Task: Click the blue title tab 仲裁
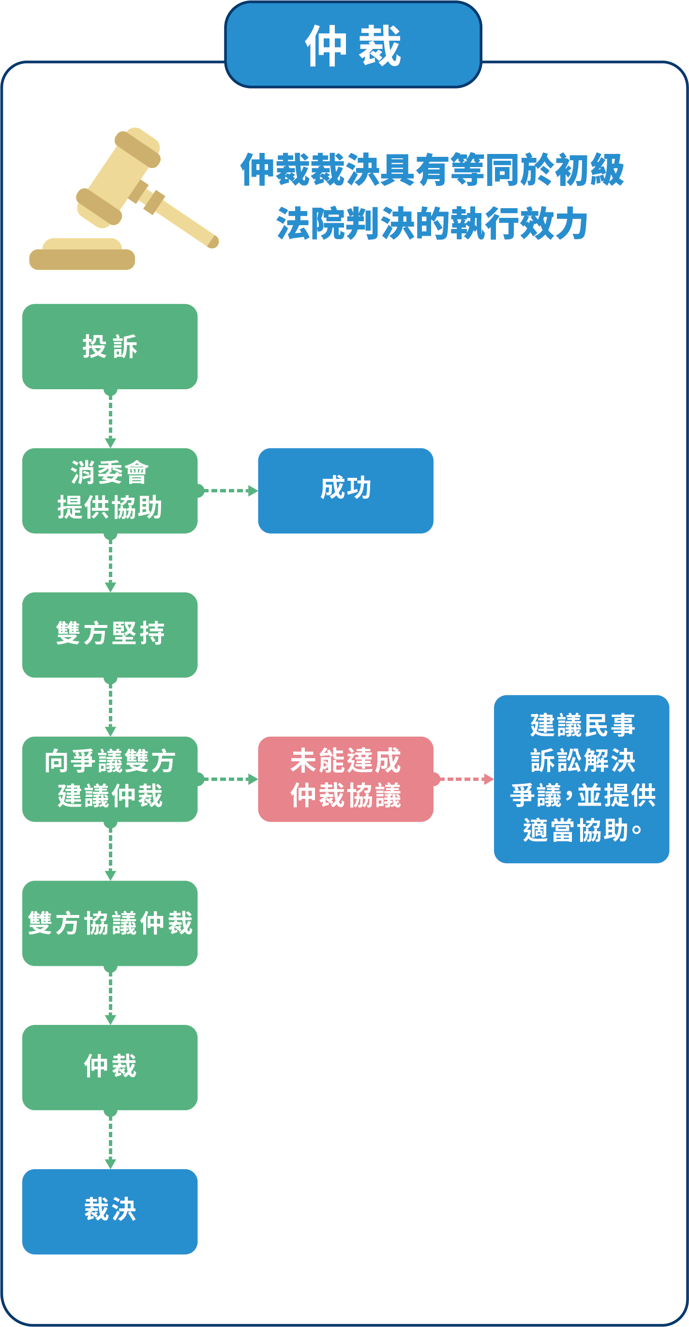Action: (x=353, y=45)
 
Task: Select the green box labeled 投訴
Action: (x=110, y=347)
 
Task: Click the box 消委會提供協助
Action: (x=110, y=490)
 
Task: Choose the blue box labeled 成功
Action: (x=345, y=490)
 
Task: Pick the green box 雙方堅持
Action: (x=110, y=635)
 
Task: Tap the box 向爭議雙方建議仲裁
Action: (x=110, y=779)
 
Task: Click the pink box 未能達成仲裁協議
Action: (x=345, y=779)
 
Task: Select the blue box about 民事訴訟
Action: (x=582, y=779)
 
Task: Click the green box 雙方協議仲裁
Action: (x=110, y=923)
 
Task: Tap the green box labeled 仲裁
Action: (x=110, y=1068)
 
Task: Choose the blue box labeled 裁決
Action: (x=110, y=1212)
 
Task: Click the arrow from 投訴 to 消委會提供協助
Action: (x=110, y=418)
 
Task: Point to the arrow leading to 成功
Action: (x=227, y=490)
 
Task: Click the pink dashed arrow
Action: (x=464, y=779)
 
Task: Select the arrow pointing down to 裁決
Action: (x=110, y=1140)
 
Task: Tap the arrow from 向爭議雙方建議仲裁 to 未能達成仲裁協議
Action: (x=227, y=779)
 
